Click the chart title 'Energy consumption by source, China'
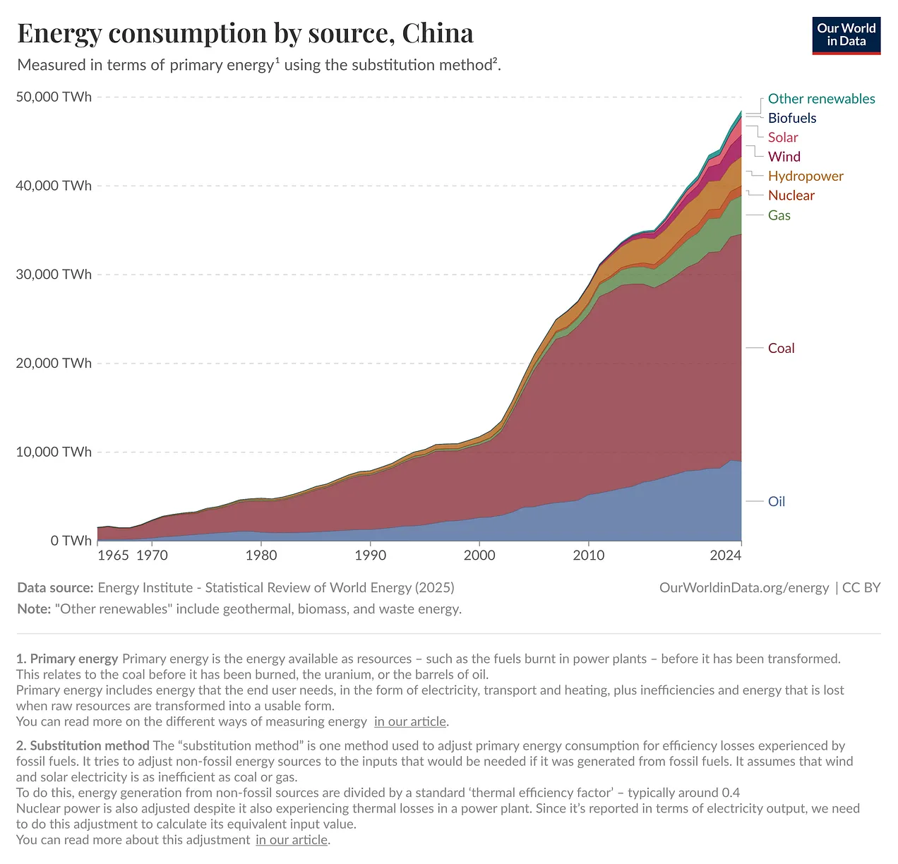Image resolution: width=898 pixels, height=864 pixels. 245,33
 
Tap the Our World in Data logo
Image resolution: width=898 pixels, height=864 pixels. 846,35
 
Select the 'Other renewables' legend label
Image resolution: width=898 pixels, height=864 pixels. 821,99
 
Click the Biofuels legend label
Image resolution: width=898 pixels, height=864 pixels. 791,118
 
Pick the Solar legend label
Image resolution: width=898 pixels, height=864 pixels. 782,138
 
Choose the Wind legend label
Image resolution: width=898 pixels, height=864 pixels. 784,157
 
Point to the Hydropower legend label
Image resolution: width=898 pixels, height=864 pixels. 805,176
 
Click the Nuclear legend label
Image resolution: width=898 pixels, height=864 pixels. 791,196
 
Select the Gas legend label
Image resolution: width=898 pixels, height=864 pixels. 779,215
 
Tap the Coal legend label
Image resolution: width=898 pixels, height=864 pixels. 781,348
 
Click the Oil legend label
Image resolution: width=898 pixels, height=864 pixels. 776,501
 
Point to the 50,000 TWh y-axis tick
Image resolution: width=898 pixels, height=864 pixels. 54,97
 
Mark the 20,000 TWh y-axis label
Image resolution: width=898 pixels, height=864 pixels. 54,363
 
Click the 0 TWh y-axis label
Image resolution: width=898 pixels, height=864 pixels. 71,541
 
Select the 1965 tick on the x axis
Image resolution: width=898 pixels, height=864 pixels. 113,555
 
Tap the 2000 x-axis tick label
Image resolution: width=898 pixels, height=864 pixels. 479,555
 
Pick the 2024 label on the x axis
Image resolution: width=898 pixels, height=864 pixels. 725,555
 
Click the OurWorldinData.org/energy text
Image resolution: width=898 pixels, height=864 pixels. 743,587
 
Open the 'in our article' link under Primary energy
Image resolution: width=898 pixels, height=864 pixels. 410,721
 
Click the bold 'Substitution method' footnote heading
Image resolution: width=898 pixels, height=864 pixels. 89,745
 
